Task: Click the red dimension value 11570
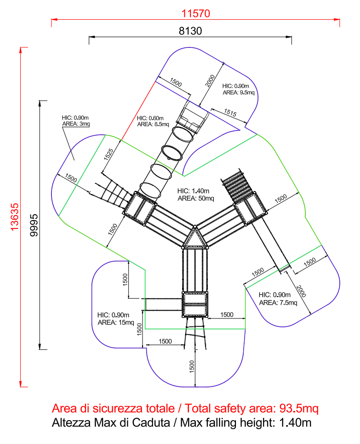[x=195, y=13]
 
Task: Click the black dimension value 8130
[x=190, y=31]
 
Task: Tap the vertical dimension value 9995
[x=34, y=225]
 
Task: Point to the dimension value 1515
[x=230, y=113]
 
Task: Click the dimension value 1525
[x=109, y=154]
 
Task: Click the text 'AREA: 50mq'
[x=196, y=199]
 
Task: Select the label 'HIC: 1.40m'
[x=193, y=191]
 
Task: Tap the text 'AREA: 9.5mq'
[x=239, y=92]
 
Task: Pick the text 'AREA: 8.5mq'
[x=153, y=124]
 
